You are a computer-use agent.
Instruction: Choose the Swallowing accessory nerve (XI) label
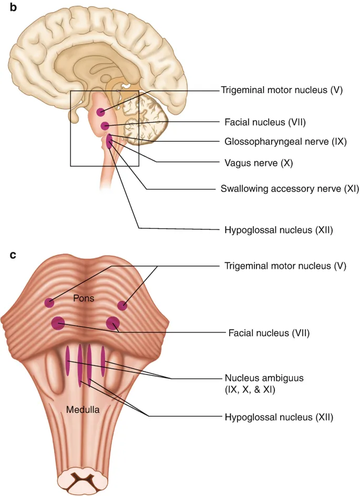(282, 188)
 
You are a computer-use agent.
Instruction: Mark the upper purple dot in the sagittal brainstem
(100, 112)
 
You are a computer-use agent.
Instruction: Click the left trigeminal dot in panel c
(49, 302)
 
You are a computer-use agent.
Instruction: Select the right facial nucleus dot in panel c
(113, 324)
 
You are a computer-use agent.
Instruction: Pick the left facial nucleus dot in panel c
(58, 323)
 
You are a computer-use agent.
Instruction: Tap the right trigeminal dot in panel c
(122, 306)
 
